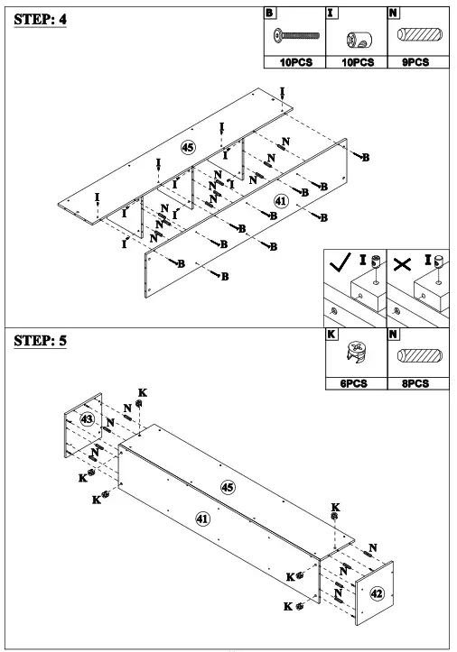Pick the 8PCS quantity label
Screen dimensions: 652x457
coord(418,382)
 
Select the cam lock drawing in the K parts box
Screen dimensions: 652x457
coord(355,354)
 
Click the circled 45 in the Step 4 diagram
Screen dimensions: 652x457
coord(188,146)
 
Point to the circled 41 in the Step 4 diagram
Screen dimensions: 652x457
coord(281,201)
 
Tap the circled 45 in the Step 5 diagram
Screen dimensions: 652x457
coord(228,486)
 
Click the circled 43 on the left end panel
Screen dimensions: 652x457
coord(87,419)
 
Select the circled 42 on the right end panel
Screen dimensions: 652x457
coord(378,592)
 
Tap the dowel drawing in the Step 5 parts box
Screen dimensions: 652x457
coord(418,355)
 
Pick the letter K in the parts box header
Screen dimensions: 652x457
coord(331,335)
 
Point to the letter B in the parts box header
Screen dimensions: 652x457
coord(268,14)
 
